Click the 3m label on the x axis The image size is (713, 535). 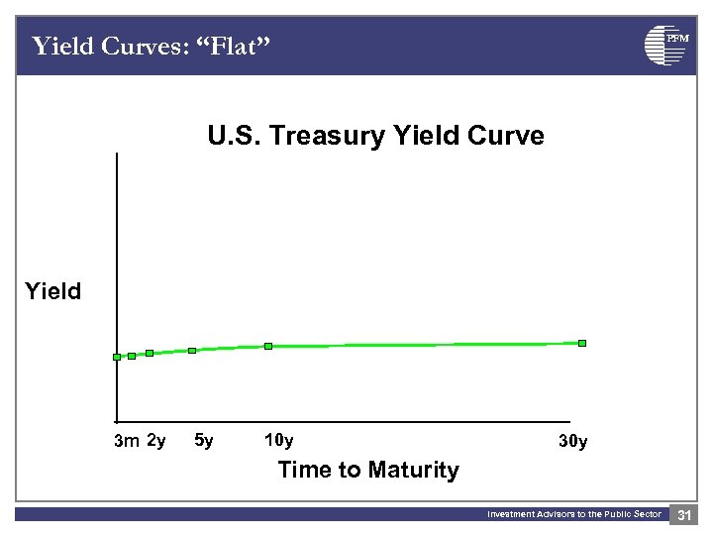coord(126,441)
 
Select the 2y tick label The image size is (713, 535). coord(155,440)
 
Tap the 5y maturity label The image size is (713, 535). coord(203,440)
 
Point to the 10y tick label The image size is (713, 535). coord(278,440)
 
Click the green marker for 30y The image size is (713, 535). coord(582,343)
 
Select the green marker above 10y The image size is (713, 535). coord(267,346)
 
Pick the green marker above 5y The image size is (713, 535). coord(192,350)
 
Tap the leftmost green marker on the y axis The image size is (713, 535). coord(117,357)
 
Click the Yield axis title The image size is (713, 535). coord(53,291)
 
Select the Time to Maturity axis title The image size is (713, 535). coord(368,470)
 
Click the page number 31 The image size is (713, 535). coord(684,514)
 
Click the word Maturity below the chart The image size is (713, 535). coord(412,470)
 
